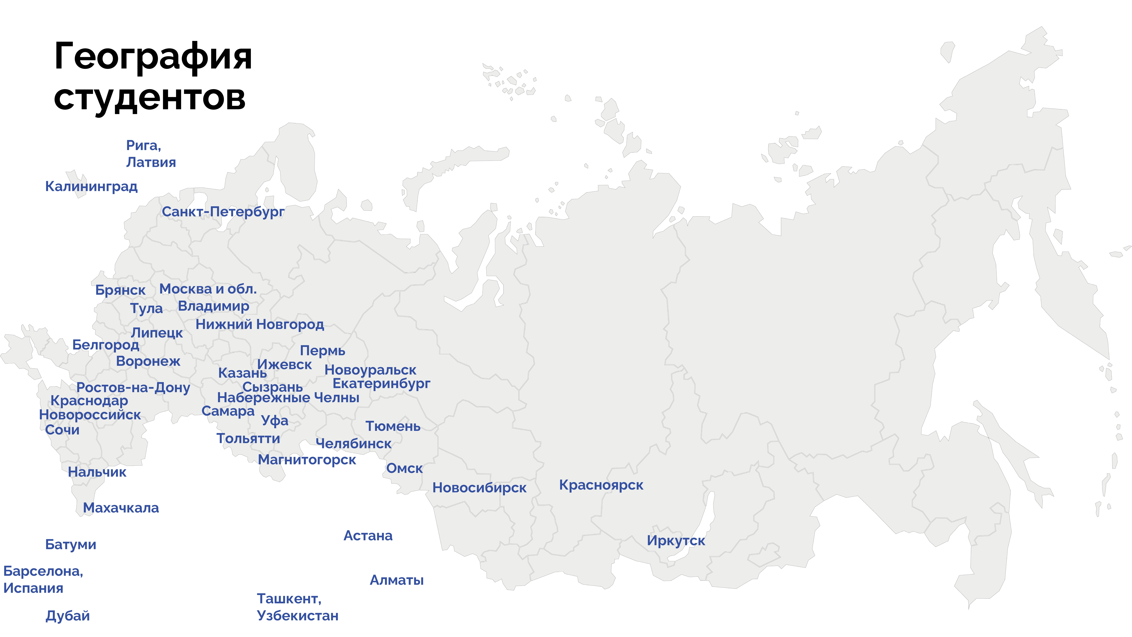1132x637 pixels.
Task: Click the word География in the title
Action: coord(153,57)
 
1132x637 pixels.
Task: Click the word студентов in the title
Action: coord(149,98)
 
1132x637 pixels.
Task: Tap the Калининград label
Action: coord(91,186)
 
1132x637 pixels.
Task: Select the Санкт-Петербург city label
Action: coord(223,212)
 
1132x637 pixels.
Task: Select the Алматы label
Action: coord(396,580)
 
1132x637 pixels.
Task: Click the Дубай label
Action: coord(68,616)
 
